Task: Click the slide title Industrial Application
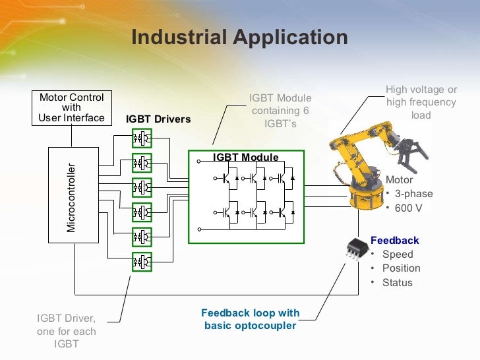(x=239, y=37)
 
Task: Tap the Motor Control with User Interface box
(x=72, y=107)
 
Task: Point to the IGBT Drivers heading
(x=158, y=119)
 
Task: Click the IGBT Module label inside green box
(x=245, y=158)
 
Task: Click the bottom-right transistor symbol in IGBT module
(x=283, y=212)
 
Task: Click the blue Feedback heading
(x=394, y=241)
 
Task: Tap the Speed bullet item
(x=397, y=255)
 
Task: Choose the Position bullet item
(x=400, y=268)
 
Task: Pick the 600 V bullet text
(x=409, y=208)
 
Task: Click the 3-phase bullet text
(x=413, y=194)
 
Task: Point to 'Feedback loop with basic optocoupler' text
(x=250, y=319)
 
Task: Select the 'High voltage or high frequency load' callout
(x=421, y=102)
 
